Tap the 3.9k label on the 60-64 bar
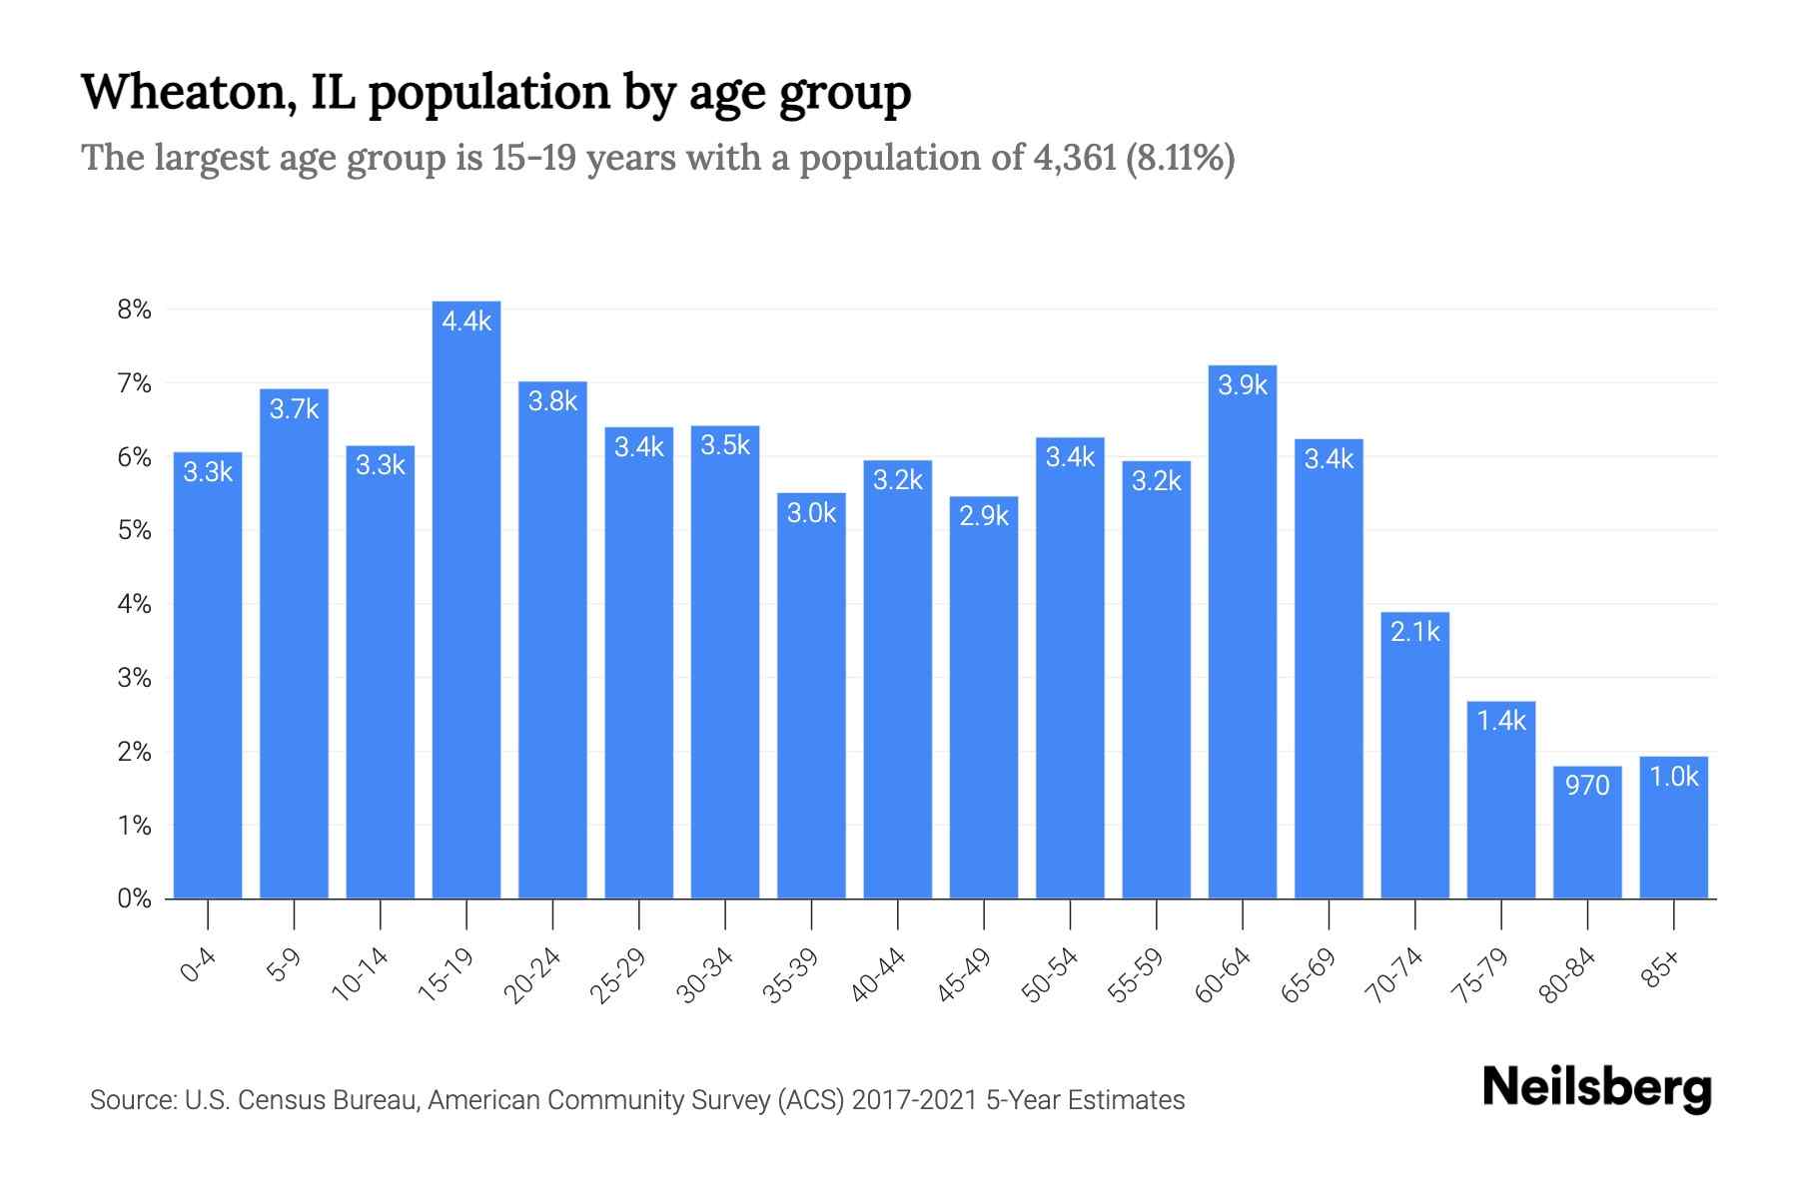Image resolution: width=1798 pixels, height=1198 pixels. tap(1243, 385)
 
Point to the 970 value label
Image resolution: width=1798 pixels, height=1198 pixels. tap(1587, 786)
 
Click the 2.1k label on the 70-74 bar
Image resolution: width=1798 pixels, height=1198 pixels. tap(1415, 632)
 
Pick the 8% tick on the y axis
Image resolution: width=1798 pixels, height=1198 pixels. tap(134, 309)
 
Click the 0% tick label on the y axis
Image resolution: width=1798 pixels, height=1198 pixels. tap(134, 898)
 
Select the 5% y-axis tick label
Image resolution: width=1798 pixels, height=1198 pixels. tap(134, 530)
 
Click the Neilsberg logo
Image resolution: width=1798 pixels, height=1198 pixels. tap(1596, 1088)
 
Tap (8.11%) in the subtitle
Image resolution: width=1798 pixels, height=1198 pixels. tap(1181, 158)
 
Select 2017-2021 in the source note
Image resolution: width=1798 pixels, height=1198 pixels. tap(914, 1100)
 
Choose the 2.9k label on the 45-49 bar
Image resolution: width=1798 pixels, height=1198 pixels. tap(984, 516)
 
